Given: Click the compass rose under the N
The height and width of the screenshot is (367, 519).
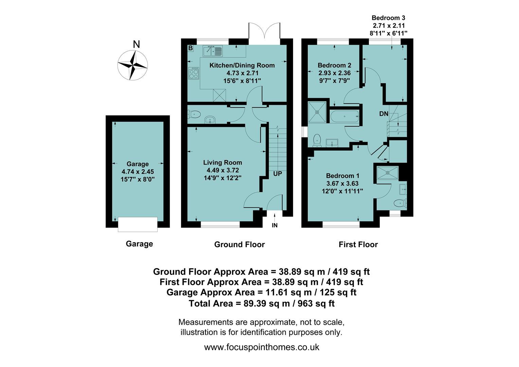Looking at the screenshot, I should pyautogui.click(x=132, y=65).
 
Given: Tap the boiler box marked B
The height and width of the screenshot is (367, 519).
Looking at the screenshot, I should pyautogui.click(x=191, y=48).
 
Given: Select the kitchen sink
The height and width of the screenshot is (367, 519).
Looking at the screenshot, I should pyautogui.click(x=213, y=51).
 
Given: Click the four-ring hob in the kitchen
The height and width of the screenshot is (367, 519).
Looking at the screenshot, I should pyautogui.click(x=194, y=73).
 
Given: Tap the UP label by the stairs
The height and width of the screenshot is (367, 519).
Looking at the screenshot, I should pyautogui.click(x=278, y=174).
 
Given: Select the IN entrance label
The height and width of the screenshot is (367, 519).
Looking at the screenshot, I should pyautogui.click(x=274, y=225).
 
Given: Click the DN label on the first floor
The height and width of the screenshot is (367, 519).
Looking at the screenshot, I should pyautogui.click(x=383, y=114).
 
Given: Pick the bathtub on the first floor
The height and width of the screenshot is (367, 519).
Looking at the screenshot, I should pyautogui.click(x=344, y=117).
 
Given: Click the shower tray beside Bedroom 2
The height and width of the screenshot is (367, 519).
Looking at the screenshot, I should pyautogui.click(x=317, y=112).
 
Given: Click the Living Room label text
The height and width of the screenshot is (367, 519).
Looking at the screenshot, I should pyautogui.click(x=222, y=163).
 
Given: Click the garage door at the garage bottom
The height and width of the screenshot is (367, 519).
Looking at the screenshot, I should pyautogui.click(x=138, y=224).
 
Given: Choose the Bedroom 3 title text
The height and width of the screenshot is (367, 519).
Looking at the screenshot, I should pyautogui.click(x=388, y=18).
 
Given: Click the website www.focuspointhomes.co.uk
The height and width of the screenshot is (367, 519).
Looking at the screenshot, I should pyautogui.click(x=262, y=347).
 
